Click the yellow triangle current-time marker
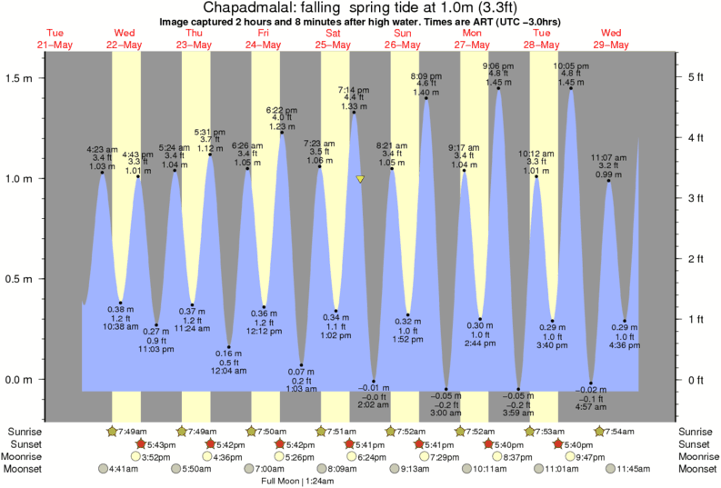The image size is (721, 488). [x=360, y=180]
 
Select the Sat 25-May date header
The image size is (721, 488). [x=332, y=39]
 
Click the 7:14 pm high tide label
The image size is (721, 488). [x=354, y=90]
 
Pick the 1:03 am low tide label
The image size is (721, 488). [x=300, y=389]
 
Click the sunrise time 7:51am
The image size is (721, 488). [x=337, y=431]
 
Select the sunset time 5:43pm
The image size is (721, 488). [x=155, y=443]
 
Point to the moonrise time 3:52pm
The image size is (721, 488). [x=156, y=456]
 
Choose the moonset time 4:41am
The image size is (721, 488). [x=122, y=469]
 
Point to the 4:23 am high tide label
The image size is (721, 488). [x=101, y=149]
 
